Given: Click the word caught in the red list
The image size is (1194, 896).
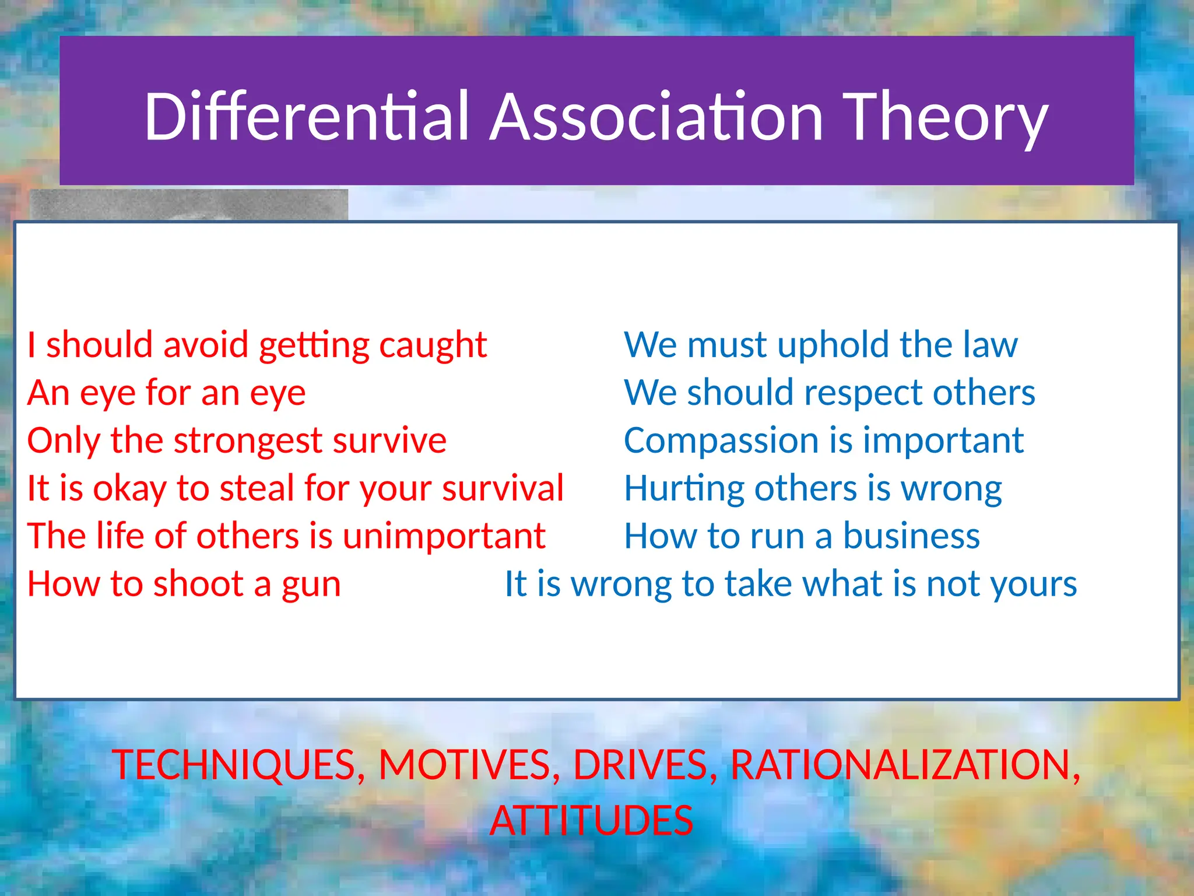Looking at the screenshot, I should coord(433,345).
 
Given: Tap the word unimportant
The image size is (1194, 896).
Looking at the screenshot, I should coord(444,536).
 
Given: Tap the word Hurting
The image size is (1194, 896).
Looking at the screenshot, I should coord(684,489).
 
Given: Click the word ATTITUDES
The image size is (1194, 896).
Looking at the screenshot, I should coord(591,821).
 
